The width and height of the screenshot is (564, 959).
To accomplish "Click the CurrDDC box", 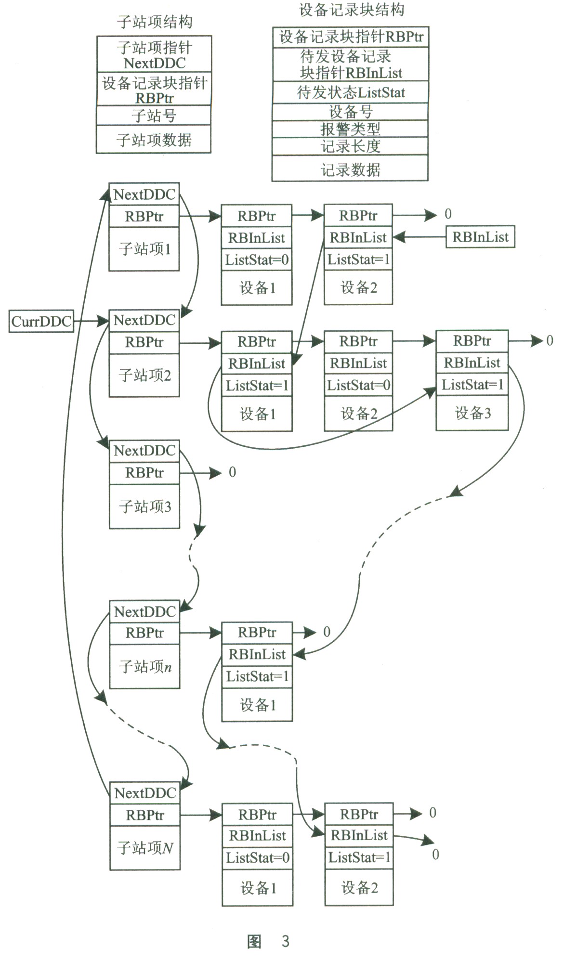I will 41,322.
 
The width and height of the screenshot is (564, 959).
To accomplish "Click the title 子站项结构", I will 155,22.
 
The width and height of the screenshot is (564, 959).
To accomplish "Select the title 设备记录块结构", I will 351,10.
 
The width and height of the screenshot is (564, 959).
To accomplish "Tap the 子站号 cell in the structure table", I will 154,116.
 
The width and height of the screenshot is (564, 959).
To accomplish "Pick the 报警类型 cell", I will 350,129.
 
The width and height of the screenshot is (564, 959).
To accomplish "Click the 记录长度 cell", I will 350,146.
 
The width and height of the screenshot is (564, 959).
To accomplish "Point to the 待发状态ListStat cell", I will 350,92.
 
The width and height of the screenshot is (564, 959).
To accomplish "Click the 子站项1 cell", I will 144,249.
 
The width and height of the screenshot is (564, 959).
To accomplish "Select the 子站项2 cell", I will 144,376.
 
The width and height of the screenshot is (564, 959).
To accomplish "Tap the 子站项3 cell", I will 145,506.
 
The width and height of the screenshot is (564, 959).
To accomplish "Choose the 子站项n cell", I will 145,667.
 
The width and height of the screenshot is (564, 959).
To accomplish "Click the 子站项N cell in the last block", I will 145,848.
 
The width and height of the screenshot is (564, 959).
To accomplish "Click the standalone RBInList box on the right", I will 480,237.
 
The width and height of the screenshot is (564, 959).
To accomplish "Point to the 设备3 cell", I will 472,413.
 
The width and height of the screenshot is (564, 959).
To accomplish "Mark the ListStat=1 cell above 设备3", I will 472,385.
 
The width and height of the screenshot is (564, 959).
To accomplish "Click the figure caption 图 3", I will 268,941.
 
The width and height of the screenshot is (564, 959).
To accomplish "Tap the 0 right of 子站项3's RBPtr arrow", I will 232,472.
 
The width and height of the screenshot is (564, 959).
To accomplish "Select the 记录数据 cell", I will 350,169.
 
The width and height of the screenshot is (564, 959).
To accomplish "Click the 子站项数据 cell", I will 154,140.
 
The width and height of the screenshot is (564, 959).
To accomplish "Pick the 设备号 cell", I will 350,112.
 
